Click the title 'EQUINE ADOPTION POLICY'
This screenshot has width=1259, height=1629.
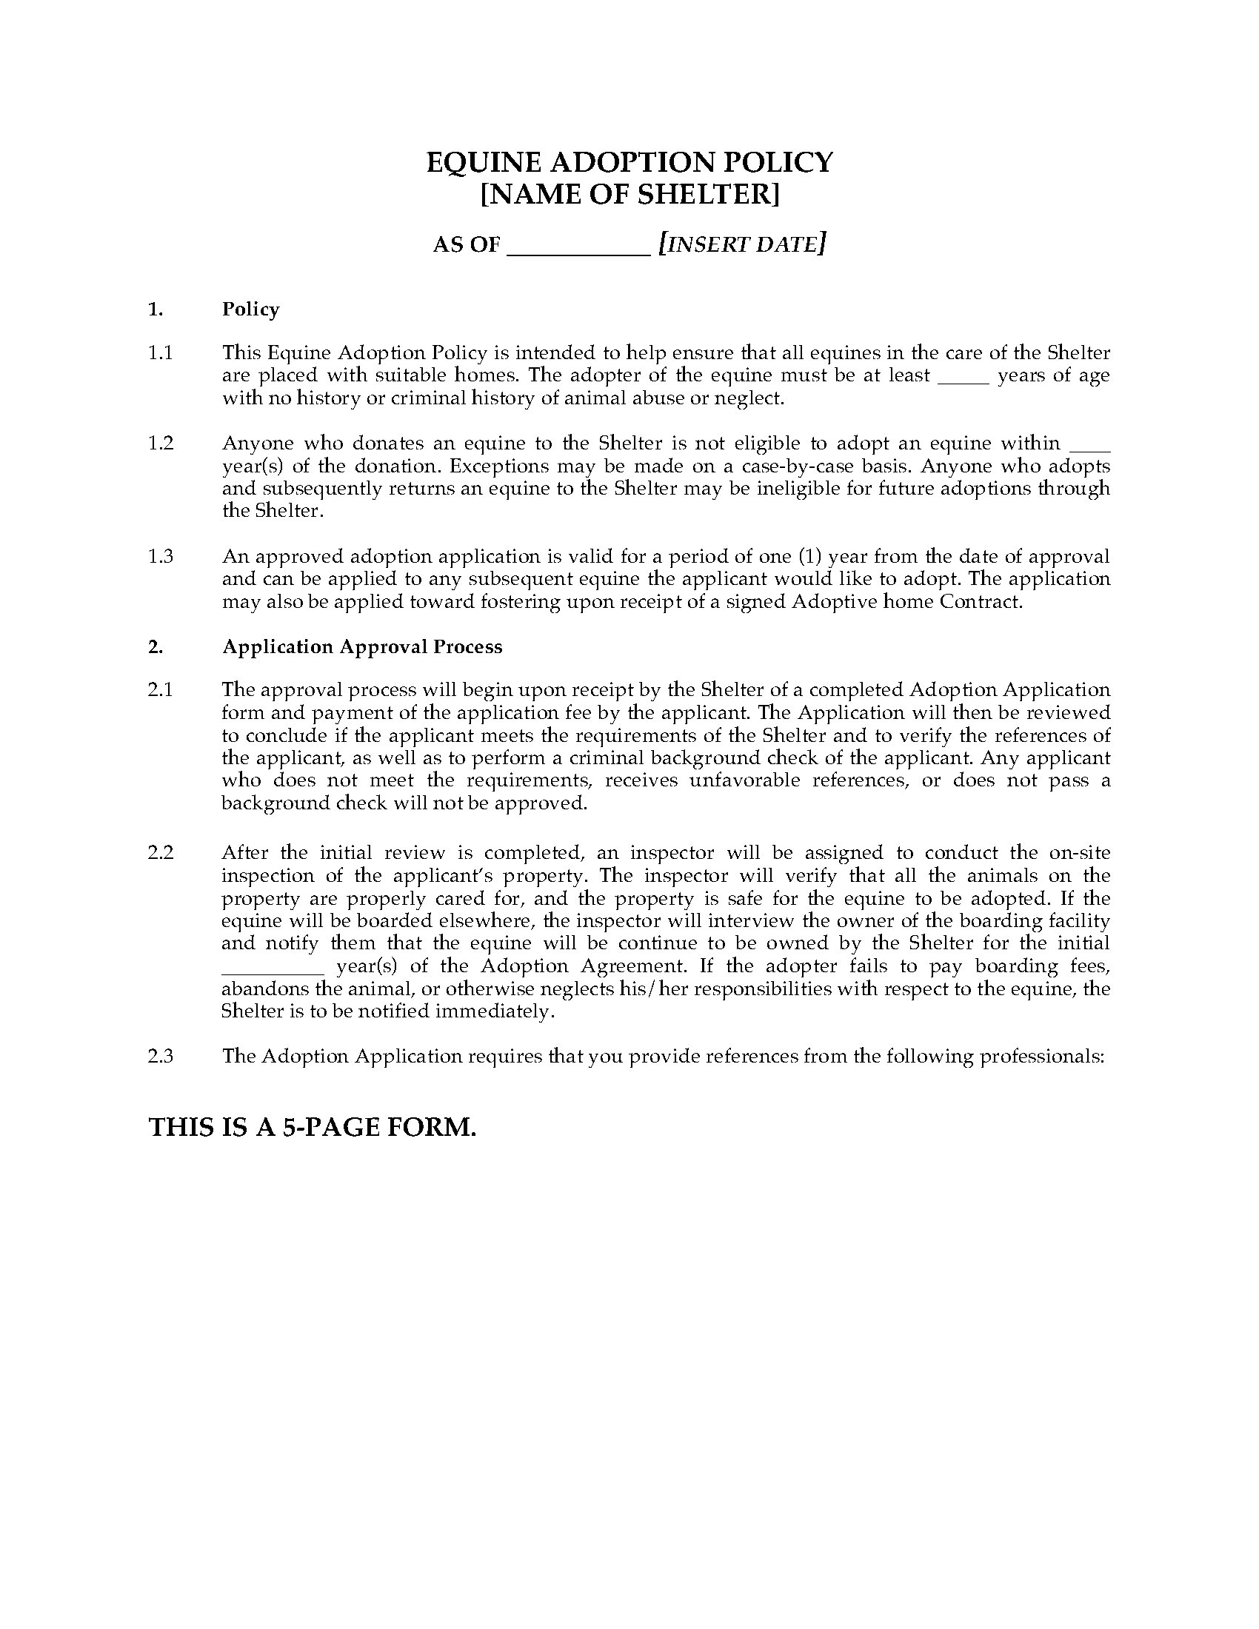coord(629,162)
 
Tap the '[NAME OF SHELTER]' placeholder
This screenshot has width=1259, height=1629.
coord(629,195)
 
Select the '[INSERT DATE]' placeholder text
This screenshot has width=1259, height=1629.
coord(742,244)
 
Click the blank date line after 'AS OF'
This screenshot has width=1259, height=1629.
coord(579,246)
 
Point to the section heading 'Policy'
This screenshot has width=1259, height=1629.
coord(250,310)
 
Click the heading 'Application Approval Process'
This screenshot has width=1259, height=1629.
coord(361,646)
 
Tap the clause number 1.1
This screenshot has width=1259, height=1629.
coord(161,352)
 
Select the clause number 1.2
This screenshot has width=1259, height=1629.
coord(161,443)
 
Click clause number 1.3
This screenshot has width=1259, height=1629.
coord(161,556)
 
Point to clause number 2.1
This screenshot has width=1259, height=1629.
coord(161,690)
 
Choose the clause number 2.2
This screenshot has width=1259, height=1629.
coord(161,852)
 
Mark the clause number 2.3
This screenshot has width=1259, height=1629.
coord(161,1056)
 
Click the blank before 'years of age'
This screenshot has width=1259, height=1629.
coord(963,378)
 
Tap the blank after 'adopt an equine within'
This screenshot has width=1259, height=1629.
coord(1089,446)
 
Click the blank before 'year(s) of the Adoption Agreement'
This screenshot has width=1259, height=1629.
coord(273,969)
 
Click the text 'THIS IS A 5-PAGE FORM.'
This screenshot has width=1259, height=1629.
coord(313,1127)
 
